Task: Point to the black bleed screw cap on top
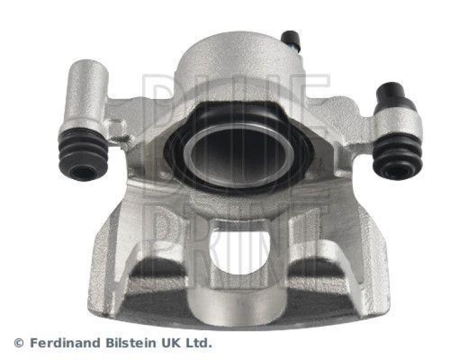tap(290, 39)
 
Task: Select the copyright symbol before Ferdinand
tap(19, 343)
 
